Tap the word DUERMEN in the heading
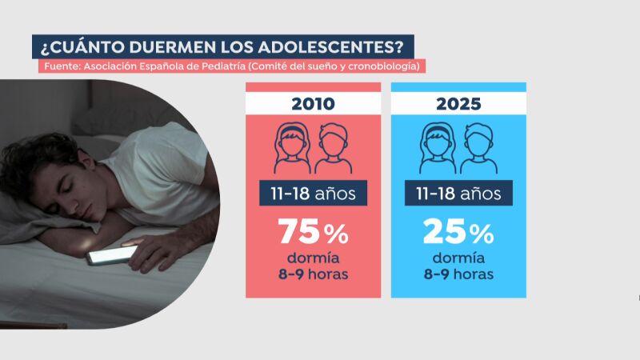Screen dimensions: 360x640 click(x=155, y=46)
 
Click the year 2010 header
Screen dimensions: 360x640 click(x=314, y=104)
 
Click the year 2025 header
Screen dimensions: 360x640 click(x=458, y=104)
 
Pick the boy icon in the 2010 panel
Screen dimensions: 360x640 click(x=333, y=148)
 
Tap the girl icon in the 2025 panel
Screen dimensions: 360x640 click(x=438, y=148)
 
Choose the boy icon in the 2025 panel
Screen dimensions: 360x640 click(x=478, y=148)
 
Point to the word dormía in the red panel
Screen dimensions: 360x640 click(x=314, y=258)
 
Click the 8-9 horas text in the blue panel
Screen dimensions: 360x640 click(x=458, y=274)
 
